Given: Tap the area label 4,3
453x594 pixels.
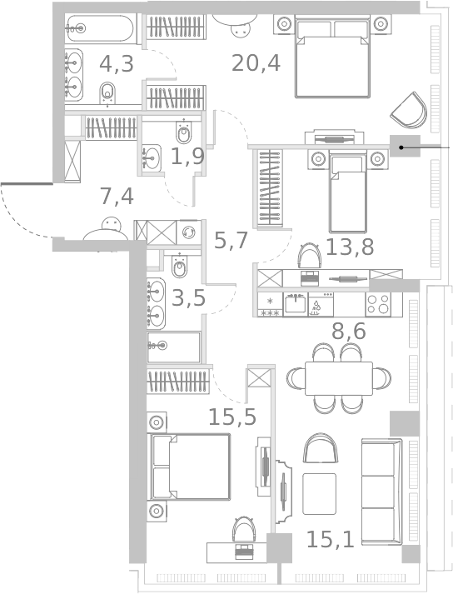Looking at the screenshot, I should (117, 64).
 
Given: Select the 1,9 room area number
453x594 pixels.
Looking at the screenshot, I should (187, 156).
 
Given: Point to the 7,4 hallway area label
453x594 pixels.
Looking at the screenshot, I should (117, 197).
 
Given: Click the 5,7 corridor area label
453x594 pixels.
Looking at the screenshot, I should (231, 241).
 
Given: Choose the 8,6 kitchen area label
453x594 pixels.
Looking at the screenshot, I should (350, 331).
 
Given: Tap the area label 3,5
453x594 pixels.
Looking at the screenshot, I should (188, 297).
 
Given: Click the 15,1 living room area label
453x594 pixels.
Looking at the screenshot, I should (331, 541).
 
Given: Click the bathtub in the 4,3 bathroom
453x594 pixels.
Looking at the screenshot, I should (102, 29).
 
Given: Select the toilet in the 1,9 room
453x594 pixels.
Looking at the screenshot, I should (184, 132).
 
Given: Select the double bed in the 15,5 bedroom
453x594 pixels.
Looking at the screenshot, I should (189, 467).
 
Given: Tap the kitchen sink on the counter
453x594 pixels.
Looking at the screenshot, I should (296, 304).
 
